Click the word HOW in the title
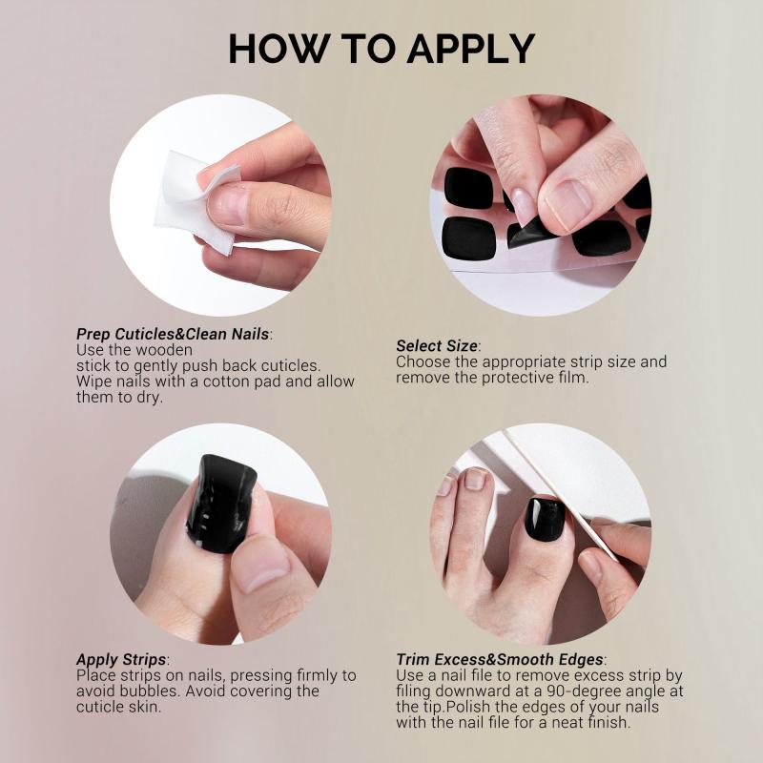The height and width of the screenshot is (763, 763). click(272, 49)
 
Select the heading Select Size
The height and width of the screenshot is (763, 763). click(437, 346)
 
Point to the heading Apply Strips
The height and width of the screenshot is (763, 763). click(121, 660)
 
